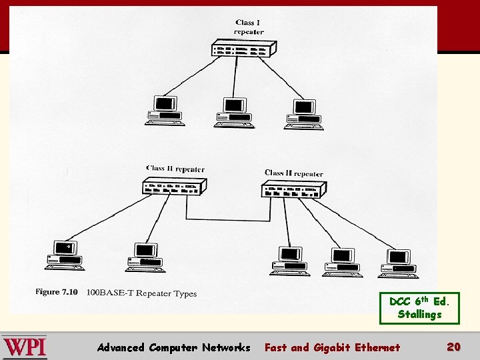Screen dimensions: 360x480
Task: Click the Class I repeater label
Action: click(x=249, y=27)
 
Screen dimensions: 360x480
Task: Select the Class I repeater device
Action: click(x=244, y=49)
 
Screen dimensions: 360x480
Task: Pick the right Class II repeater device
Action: click(x=293, y=191)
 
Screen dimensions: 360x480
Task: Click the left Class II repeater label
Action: click(x=175, y=169)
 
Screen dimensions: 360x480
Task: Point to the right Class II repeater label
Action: click(x=293, y=173)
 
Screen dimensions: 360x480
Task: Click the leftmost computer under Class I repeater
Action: click(x=164, y=111)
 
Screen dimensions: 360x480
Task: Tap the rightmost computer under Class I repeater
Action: click(x=304, y=114)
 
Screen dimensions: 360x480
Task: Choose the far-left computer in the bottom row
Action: click(x=65, y=255)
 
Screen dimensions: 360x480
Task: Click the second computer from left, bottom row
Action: click(x=144, y=257)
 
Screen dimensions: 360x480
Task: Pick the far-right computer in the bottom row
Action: click(x=398, y=263)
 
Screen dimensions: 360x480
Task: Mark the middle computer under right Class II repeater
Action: click(x=343, y=262)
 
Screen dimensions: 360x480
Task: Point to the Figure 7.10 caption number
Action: click(x=57, y=292)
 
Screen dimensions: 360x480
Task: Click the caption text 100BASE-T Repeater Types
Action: click(x=141, y=293)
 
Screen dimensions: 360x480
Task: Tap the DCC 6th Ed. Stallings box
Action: click(x=419, y=307)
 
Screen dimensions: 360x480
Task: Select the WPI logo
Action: click(x=24, y=347)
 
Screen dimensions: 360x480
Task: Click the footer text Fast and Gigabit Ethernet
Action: click(x=332, y=347)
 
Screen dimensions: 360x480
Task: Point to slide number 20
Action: click(x=453, y=347)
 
